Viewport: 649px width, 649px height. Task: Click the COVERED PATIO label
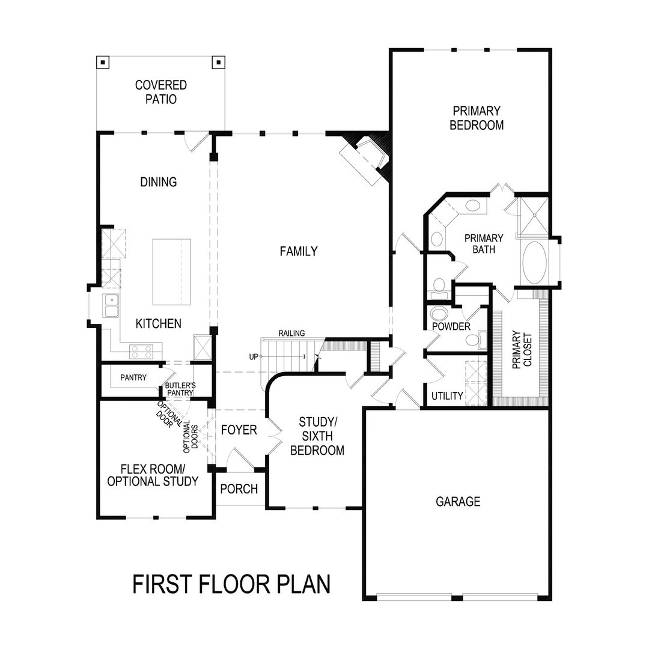[x=160, y=92]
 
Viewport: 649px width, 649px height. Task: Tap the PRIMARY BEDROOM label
[x=477, y=118]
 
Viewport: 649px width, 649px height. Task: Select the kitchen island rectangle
[x=172, y=272]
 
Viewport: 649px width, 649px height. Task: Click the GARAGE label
[x=458, y=501]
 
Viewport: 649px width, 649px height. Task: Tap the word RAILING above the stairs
[x=291, y=333]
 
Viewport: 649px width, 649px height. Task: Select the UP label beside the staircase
[x=254, y=356]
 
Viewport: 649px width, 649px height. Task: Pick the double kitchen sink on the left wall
[x=111, y=306]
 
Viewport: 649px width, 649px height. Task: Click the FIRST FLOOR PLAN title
[x=231, y=584]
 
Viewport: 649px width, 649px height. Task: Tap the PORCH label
[x=239, y=489]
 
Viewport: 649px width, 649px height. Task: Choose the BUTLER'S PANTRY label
[x=180, y=389]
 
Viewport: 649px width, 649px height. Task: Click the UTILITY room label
[x=447, y=396]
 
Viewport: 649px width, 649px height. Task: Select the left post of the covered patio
[x=103, y=62]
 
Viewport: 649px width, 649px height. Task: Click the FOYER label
[x=239, y=430]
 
